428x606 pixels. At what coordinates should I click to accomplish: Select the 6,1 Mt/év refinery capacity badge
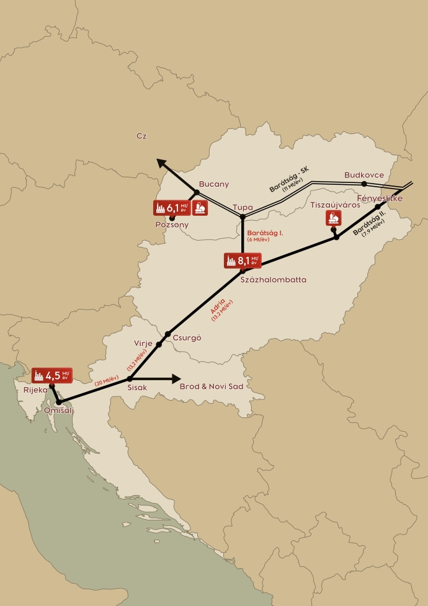(x=171, y=208)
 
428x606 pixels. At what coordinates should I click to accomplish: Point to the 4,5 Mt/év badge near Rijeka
(x=53, y=375)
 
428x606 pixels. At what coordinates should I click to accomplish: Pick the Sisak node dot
(x=130, y=378)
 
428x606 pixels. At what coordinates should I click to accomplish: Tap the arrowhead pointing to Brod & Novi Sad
(x=176, y=378)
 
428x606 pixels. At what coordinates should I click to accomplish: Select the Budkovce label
(x=364, y=175)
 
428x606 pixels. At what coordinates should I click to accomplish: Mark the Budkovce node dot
(x=364, y=184)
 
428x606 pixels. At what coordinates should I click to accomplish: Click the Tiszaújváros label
(x=335, y=205)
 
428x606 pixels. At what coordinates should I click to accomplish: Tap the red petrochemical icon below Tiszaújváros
(x=334, y=218)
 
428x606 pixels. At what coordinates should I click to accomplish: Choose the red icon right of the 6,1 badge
(x=200, y=208)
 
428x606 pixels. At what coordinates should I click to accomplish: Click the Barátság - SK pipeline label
(x=288, y=180)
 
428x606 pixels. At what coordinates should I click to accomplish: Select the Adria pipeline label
(x=220, y=307)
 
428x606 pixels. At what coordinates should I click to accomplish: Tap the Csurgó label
(x=187, y=338)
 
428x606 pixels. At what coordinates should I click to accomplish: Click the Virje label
(x=143, y=343)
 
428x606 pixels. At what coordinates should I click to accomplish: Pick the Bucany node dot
(x=197, y=192)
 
